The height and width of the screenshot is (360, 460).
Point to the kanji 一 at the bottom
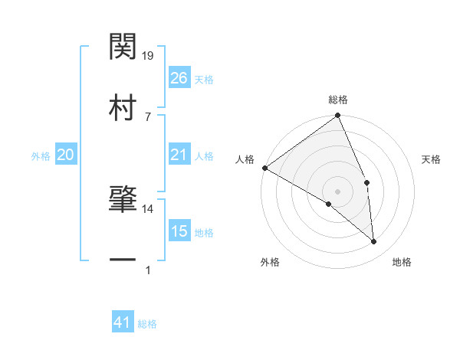click(123, 260)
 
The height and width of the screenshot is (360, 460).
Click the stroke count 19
click(149, 55)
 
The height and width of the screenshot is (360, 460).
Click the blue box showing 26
click(179, 78)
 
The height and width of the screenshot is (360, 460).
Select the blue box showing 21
click(179, 155)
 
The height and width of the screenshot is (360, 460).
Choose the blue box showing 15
click(179, 231)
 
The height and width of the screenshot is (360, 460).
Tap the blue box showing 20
click(65, 155)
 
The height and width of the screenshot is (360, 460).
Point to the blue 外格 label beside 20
click(41, 156)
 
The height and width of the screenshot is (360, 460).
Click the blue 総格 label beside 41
click(147, 324)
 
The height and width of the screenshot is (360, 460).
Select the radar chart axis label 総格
click(338, 100)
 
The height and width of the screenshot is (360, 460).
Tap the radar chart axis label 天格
click(432, 159)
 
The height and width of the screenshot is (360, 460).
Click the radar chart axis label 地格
click(402, 262)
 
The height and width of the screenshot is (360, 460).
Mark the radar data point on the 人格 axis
click(264, 168)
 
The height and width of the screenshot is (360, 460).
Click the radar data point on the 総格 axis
click(338, 116)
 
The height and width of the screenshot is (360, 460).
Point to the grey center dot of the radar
click(338, 191)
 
